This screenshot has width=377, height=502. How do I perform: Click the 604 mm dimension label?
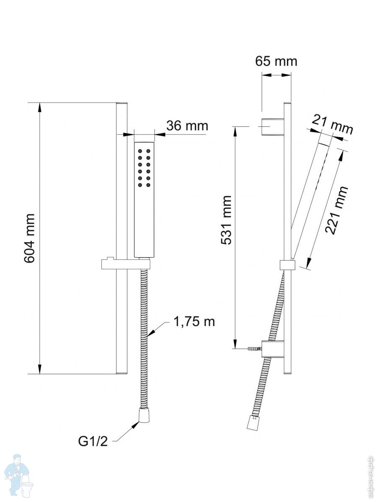pos(29,238)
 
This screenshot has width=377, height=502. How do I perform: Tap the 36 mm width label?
pos(187,125)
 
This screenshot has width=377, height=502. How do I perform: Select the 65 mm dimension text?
pos(276,61)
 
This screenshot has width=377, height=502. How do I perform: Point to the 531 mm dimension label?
pos(227,220)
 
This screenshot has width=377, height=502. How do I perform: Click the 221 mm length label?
pos(336,210)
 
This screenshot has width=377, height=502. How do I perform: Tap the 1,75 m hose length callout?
pos(194,321)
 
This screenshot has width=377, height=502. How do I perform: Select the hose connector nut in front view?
pos(145,415)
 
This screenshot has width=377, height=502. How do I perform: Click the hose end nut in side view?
pos(253,423)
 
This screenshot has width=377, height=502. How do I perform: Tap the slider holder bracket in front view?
pos(126,264)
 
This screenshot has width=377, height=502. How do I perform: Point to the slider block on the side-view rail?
pos(287,265)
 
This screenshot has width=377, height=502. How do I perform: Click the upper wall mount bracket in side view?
pos(273,126)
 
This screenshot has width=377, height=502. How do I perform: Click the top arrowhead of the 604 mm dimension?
pos(40,108)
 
